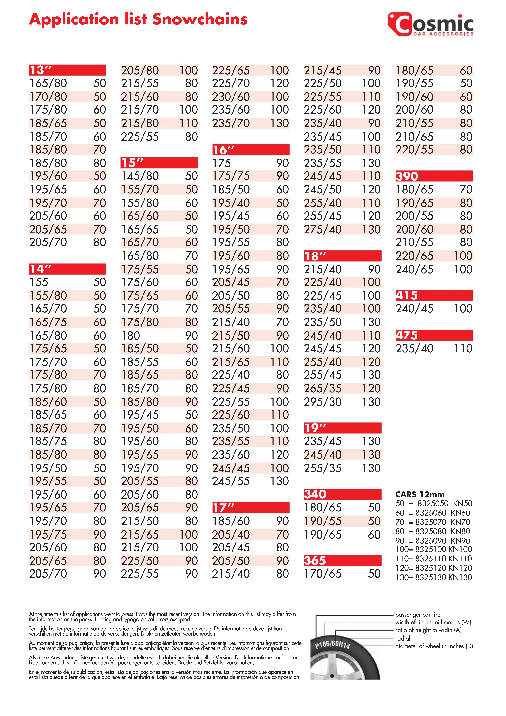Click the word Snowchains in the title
(200, 19)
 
